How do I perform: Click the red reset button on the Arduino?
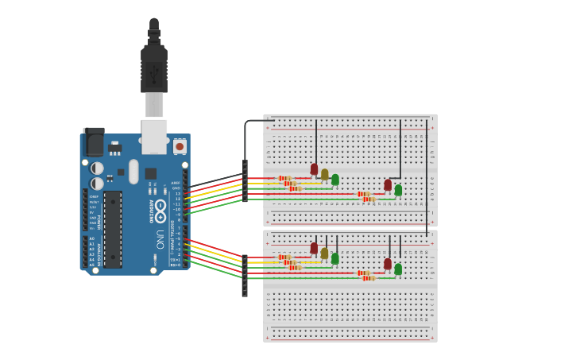point(180,147)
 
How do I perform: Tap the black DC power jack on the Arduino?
point(94,142)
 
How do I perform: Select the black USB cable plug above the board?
point(154,68)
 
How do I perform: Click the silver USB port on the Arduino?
point(154,135)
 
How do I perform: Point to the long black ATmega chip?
point(113,229)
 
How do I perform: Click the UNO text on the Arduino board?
point(159,239)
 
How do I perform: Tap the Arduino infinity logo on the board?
point(160,211)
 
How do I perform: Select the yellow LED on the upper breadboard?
point(324,174)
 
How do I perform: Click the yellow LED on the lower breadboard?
point(324,253)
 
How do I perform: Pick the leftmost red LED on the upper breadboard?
point(314,169)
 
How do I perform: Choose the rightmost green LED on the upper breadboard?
point(398,190)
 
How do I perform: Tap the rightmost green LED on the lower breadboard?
point(398,269)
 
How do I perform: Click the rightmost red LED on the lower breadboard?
point(388,264)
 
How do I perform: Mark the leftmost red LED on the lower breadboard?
point(314,248)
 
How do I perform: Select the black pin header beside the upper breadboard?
point(245,181)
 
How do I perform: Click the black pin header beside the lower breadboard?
point(245,275)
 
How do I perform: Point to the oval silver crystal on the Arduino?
point(133,171)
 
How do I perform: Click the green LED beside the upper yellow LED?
point(335,180)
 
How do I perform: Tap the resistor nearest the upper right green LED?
point(368,199)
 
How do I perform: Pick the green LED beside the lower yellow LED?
point(335,258)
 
